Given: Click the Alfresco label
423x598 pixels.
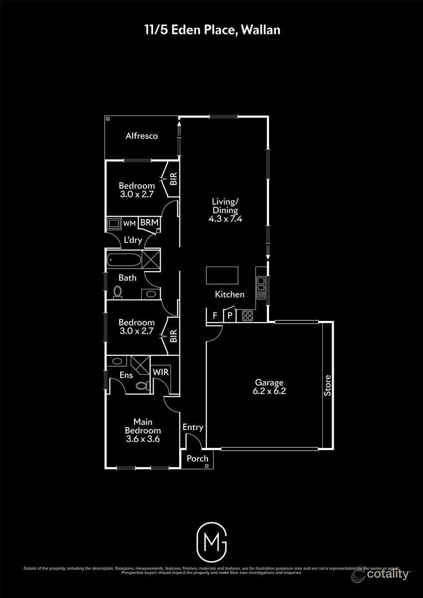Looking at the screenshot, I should tap(142, 136).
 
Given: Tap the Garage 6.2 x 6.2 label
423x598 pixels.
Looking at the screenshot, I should tap(270, 387).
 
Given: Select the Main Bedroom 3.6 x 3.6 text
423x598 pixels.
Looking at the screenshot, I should tap(143, 431).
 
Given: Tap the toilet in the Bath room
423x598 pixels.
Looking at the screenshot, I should tap(118, 292).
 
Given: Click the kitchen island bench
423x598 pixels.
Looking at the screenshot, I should tap(222, 275).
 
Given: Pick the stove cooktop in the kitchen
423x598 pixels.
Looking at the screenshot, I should tap(247, 315).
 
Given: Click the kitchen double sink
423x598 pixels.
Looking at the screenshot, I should tap(260, 286).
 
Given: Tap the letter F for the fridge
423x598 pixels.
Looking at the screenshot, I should tap(215, 315).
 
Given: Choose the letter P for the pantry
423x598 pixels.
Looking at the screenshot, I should tap(229, 315).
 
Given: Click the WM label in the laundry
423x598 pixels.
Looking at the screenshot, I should tap(129, 223).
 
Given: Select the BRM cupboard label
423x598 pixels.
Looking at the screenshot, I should tap(149, 223).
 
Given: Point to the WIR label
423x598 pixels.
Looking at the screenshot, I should tap(161, 372).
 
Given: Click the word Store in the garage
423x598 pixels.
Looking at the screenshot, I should tap(328, 385).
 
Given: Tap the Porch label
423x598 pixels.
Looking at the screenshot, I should tap(198, 458).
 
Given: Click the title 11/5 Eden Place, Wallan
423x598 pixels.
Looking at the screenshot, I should tap(211, 30).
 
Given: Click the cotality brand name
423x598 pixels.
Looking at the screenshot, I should tap(388, 574).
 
